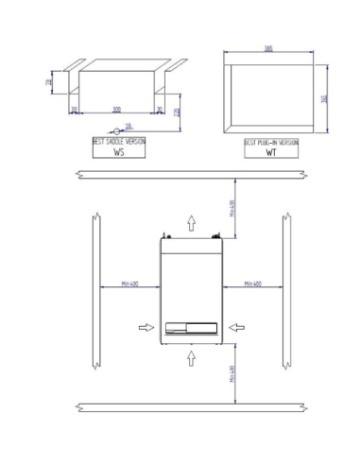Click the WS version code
(119, 151)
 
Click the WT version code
(271, 151)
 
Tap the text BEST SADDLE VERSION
(118, 141)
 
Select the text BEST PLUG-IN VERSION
(271, 141)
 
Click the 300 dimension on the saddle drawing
(116, 110)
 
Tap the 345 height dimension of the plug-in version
(324, 98)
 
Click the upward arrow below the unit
(191, 356)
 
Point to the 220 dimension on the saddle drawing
(177, 112)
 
